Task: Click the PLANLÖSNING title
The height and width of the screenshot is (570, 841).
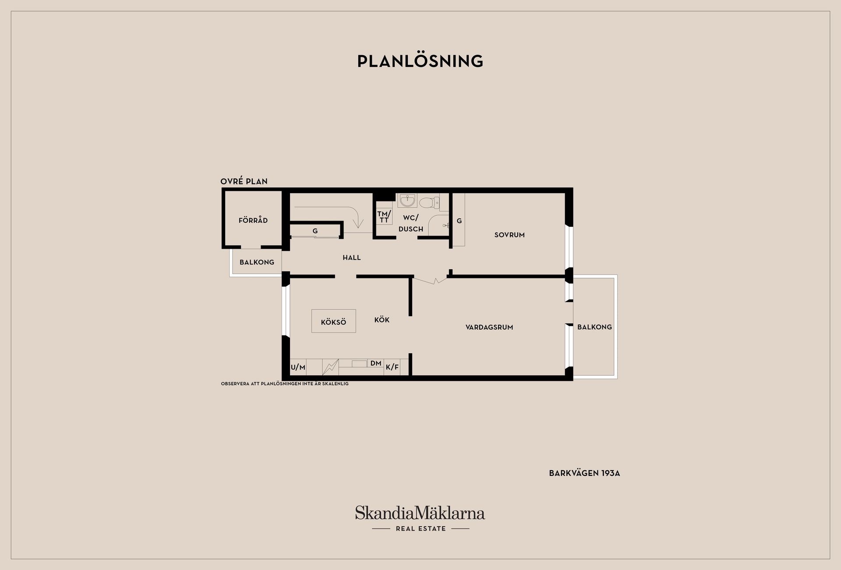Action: tap(420, 61)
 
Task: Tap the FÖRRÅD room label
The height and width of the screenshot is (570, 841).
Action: tap(253, 220)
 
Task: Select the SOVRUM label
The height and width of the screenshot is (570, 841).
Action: tap(509, 235)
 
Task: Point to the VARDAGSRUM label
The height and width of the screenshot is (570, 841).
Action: tap(489, 327)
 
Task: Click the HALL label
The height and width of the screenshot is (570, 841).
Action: tap(352, 257)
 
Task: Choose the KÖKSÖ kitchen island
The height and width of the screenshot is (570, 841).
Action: tap(334, 321)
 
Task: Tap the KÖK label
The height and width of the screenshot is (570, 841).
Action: tap(382, 320)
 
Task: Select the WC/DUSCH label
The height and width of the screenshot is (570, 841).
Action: tap(411, 223)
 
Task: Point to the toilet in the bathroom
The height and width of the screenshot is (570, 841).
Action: tap(429, 203)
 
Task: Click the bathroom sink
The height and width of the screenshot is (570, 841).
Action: tap(408, 201)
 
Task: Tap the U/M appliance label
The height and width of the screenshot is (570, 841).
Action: tap(298, 367)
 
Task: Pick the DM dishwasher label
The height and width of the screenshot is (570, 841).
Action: tap(376, 363)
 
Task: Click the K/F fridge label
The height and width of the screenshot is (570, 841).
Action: tap(392, 367)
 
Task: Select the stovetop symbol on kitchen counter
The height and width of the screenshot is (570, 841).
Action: tap(331, 367)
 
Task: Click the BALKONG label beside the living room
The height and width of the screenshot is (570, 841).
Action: tap(594, 327)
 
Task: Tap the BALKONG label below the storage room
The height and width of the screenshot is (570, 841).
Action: tap(257, 262)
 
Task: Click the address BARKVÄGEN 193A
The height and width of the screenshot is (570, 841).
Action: tap(584, 473)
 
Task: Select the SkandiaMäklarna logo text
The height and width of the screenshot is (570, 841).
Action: tap(420, 513)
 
